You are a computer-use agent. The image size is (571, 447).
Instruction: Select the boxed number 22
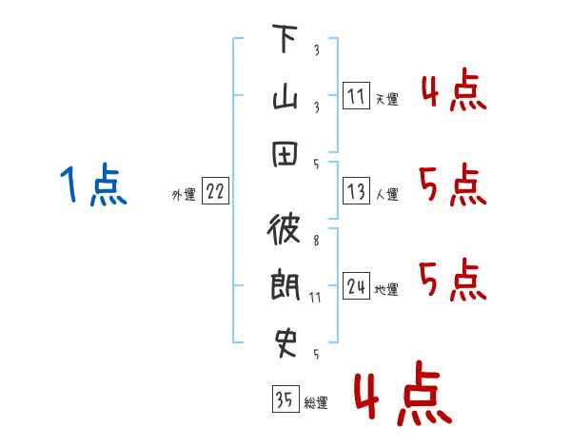214,192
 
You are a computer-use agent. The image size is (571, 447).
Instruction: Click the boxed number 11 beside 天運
356,97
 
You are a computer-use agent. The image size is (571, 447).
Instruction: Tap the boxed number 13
356,192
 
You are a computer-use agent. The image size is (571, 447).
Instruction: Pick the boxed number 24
356,286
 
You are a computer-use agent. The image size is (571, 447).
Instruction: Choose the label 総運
316,403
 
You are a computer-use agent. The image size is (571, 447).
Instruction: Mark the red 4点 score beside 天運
452,93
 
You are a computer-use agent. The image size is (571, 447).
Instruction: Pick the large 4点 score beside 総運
401,395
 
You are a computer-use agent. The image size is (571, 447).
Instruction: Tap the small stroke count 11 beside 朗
316,298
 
